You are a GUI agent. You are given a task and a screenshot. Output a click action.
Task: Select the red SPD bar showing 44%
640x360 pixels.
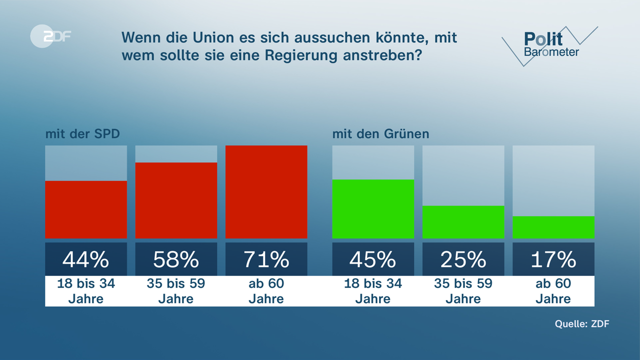(86, 209)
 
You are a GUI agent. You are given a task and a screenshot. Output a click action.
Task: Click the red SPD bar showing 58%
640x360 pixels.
(176, 200)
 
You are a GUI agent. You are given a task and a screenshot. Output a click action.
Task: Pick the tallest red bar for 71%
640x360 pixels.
(266, 192)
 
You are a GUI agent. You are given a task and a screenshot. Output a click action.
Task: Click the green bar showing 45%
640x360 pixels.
(373, 209)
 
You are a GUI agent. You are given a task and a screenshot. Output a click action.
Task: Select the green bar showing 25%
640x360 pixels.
(463, 222)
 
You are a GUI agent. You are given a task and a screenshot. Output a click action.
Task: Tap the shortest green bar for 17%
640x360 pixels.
(553, 227)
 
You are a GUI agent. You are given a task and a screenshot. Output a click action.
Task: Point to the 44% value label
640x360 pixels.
(86, 259)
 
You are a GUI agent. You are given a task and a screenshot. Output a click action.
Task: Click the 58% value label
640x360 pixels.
(176, 259)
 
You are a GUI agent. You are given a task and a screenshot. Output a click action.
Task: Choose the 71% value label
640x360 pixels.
(266, 259)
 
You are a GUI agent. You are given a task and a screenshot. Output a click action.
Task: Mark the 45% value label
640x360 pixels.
(373, 259)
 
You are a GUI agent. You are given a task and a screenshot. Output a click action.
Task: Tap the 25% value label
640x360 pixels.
(463, 259)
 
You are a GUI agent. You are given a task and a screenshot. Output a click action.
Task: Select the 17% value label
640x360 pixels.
(553, 259)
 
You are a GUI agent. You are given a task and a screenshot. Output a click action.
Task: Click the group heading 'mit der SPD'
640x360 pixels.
(82, 134)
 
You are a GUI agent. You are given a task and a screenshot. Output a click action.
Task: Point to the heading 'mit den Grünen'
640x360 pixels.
(381, 134)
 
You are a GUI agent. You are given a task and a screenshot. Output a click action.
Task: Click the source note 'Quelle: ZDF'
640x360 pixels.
(582, 323)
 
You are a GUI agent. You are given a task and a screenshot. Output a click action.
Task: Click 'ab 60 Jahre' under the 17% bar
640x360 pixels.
(553, 291)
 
